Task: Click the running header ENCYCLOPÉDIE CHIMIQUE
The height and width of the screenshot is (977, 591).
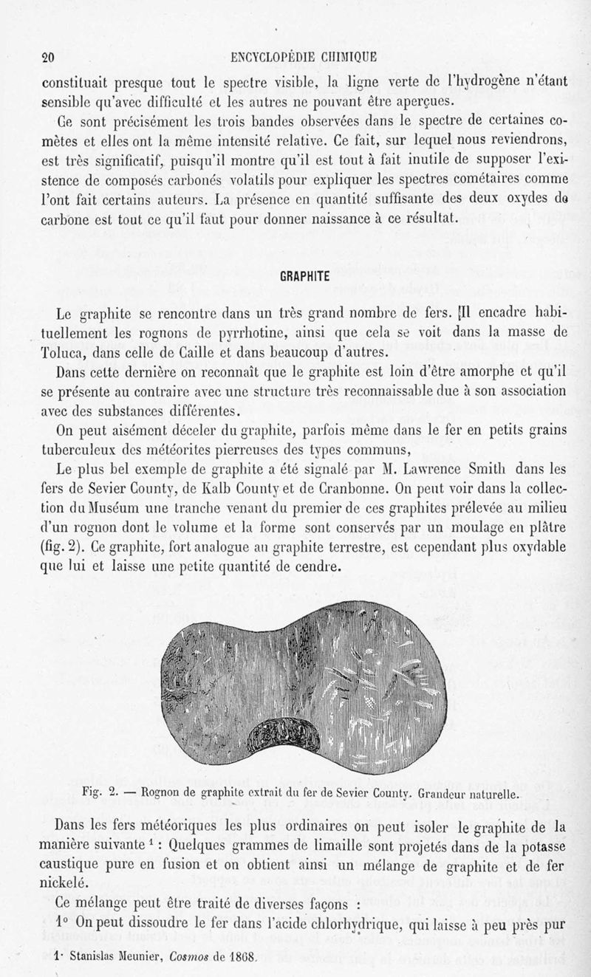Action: (304, 58)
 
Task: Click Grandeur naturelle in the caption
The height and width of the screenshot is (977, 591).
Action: (478, 795)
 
